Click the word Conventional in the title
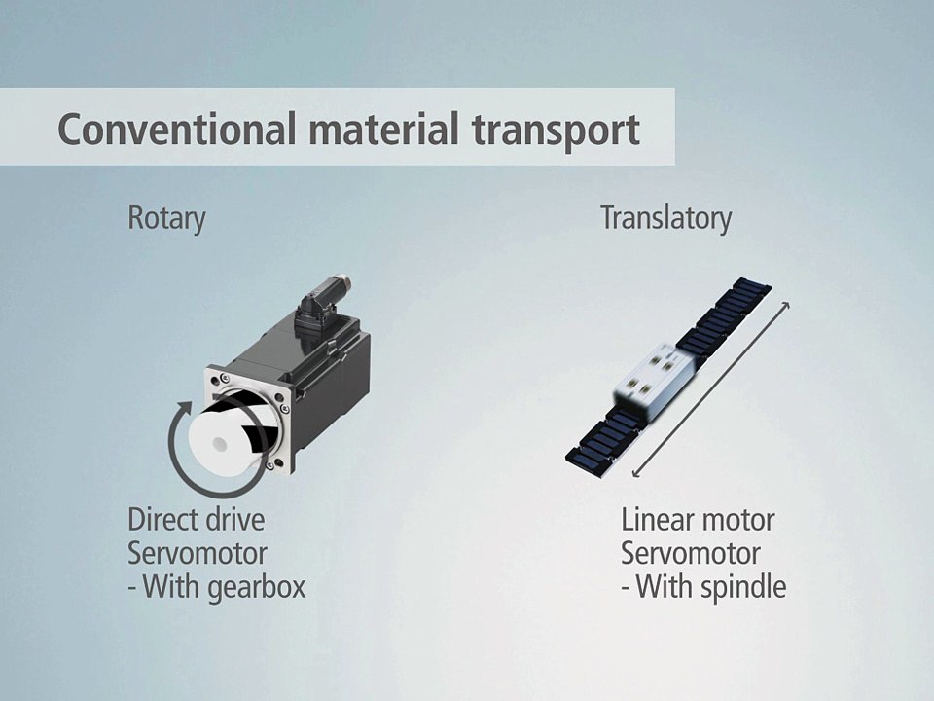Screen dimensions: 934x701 point(176,129)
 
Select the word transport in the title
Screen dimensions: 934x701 point(556,131)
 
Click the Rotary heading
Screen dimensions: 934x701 point(166,219)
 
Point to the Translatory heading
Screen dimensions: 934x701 point(665,218)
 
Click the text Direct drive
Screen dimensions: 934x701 point(196,519)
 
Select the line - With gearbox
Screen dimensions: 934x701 point(217,586)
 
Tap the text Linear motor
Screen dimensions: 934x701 point(698,520)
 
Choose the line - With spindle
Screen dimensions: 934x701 point(703,586)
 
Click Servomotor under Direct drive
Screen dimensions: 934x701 point(198,553)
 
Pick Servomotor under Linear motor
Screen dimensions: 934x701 point(691,553)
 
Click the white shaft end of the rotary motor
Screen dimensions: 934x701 point(222,440)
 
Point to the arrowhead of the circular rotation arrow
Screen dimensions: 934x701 point(184,410)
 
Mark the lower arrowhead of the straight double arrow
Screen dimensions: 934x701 point(635,473)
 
